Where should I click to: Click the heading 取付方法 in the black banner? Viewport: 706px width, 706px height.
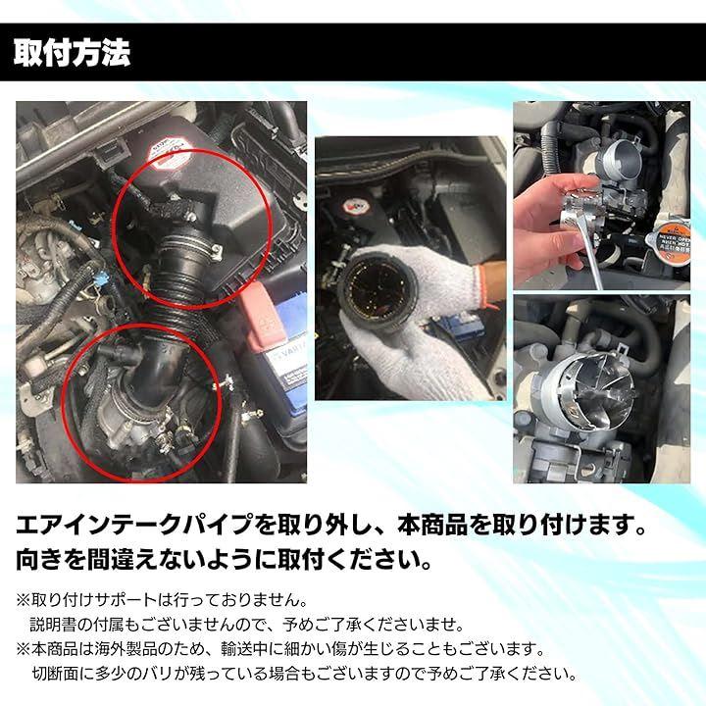pyautogui.click(x=72, y=53)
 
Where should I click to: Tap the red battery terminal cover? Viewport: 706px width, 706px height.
pyautogui.click(x=262, y=316)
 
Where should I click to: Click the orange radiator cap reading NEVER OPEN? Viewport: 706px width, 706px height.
pyautogui.click(x=668, y=246)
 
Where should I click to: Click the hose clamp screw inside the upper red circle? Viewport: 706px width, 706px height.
pyautogui.click(x=215, y=249)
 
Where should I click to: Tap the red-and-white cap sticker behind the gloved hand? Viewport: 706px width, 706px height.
pyautogui.click(x=356, y=207)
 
